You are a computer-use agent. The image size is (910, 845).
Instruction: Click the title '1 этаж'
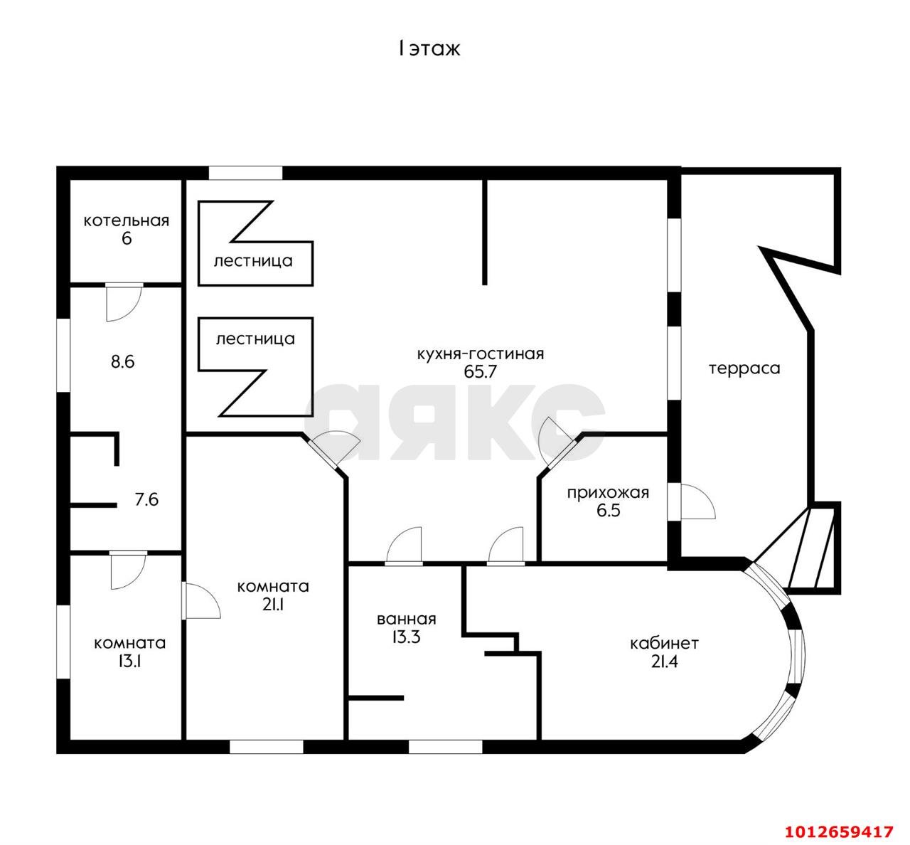point(429,49)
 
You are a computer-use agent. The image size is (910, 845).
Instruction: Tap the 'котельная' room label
point(127,220)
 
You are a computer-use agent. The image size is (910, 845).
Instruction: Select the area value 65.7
point(480,371)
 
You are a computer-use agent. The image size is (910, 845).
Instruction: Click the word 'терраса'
point(744,368)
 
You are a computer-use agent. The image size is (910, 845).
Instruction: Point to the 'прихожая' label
point(608,494)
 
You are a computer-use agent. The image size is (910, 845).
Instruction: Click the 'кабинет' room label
point(664,643)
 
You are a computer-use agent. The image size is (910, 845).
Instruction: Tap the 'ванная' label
point(406,619)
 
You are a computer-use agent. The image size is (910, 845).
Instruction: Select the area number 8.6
point(123,362)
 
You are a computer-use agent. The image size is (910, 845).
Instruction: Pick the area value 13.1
point(129,661)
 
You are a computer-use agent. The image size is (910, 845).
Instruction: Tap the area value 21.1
point(273,605)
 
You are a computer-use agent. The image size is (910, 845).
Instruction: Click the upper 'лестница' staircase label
point(253,261)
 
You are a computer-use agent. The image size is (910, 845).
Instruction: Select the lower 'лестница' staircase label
point(255,339)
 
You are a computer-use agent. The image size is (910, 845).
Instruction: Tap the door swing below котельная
point(124,302)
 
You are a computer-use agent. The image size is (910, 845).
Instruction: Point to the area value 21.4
point(665,661)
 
